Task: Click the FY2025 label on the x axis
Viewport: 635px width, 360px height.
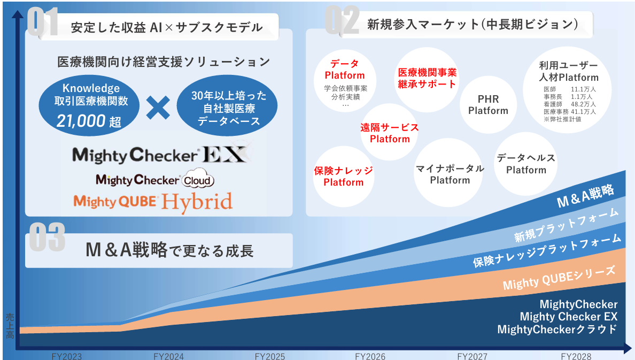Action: (270, 356)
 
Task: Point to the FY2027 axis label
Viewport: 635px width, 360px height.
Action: (472, 356)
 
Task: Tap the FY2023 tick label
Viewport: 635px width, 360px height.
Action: (66, 356)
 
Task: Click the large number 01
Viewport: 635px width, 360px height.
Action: (43, 22)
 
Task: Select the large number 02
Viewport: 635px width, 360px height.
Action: (342, 20)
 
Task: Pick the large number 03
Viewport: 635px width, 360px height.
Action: (47, 237)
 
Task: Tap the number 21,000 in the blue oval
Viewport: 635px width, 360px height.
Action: (81, 121)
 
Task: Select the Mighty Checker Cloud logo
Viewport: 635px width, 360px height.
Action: (154, 179)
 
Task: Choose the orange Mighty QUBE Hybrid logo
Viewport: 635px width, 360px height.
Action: (153, 202)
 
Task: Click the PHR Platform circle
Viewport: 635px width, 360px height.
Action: (488, 105)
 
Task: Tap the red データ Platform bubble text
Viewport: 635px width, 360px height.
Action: (345, 70)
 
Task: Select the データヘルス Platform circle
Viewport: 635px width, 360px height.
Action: (525, 164)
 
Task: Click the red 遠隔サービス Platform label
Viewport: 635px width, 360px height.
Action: (390, 133)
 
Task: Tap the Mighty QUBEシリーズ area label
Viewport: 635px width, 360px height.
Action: (559, 277)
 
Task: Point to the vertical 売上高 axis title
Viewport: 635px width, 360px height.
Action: (10, 326)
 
